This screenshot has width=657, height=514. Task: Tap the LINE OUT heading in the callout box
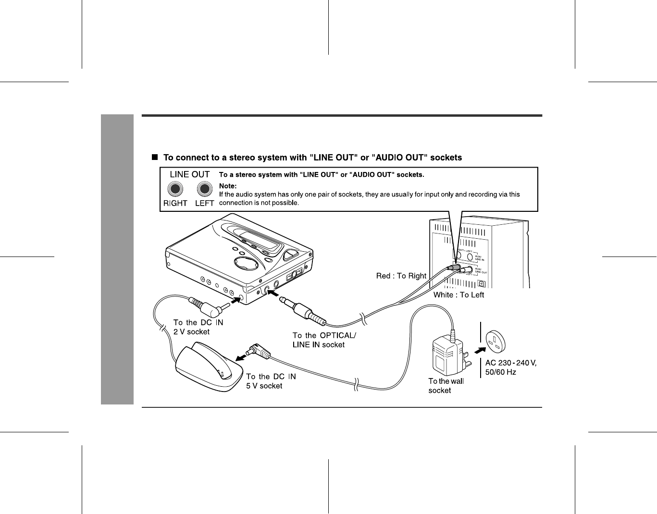point(190,174)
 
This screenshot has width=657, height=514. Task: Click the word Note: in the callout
point(228,185)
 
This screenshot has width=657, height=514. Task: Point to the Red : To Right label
point(401,276)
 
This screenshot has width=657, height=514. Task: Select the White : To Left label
point(459,295)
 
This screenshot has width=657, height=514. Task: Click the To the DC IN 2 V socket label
point(198,327)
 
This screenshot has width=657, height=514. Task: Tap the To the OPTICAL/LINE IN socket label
point(324,340)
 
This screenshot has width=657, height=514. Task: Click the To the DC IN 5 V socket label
point(271,381)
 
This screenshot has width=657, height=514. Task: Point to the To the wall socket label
point(446,386)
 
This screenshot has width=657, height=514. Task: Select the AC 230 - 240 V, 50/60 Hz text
point(510,367)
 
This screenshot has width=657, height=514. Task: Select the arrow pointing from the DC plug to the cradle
point(243,357)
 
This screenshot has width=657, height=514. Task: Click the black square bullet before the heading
point(155,157)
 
